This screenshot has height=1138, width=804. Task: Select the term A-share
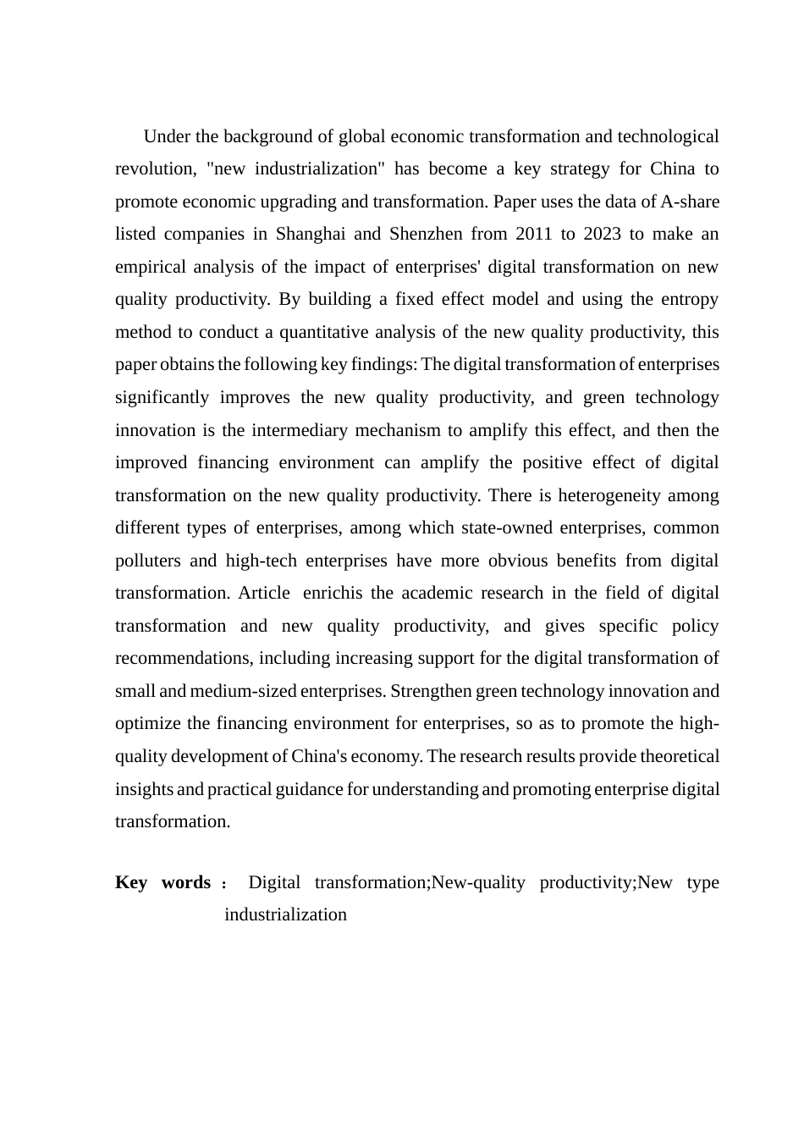(690, 202)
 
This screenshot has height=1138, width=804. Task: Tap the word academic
(434, 593)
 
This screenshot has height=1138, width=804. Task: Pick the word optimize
(148, 723)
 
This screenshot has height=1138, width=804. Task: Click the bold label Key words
(162, 882)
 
